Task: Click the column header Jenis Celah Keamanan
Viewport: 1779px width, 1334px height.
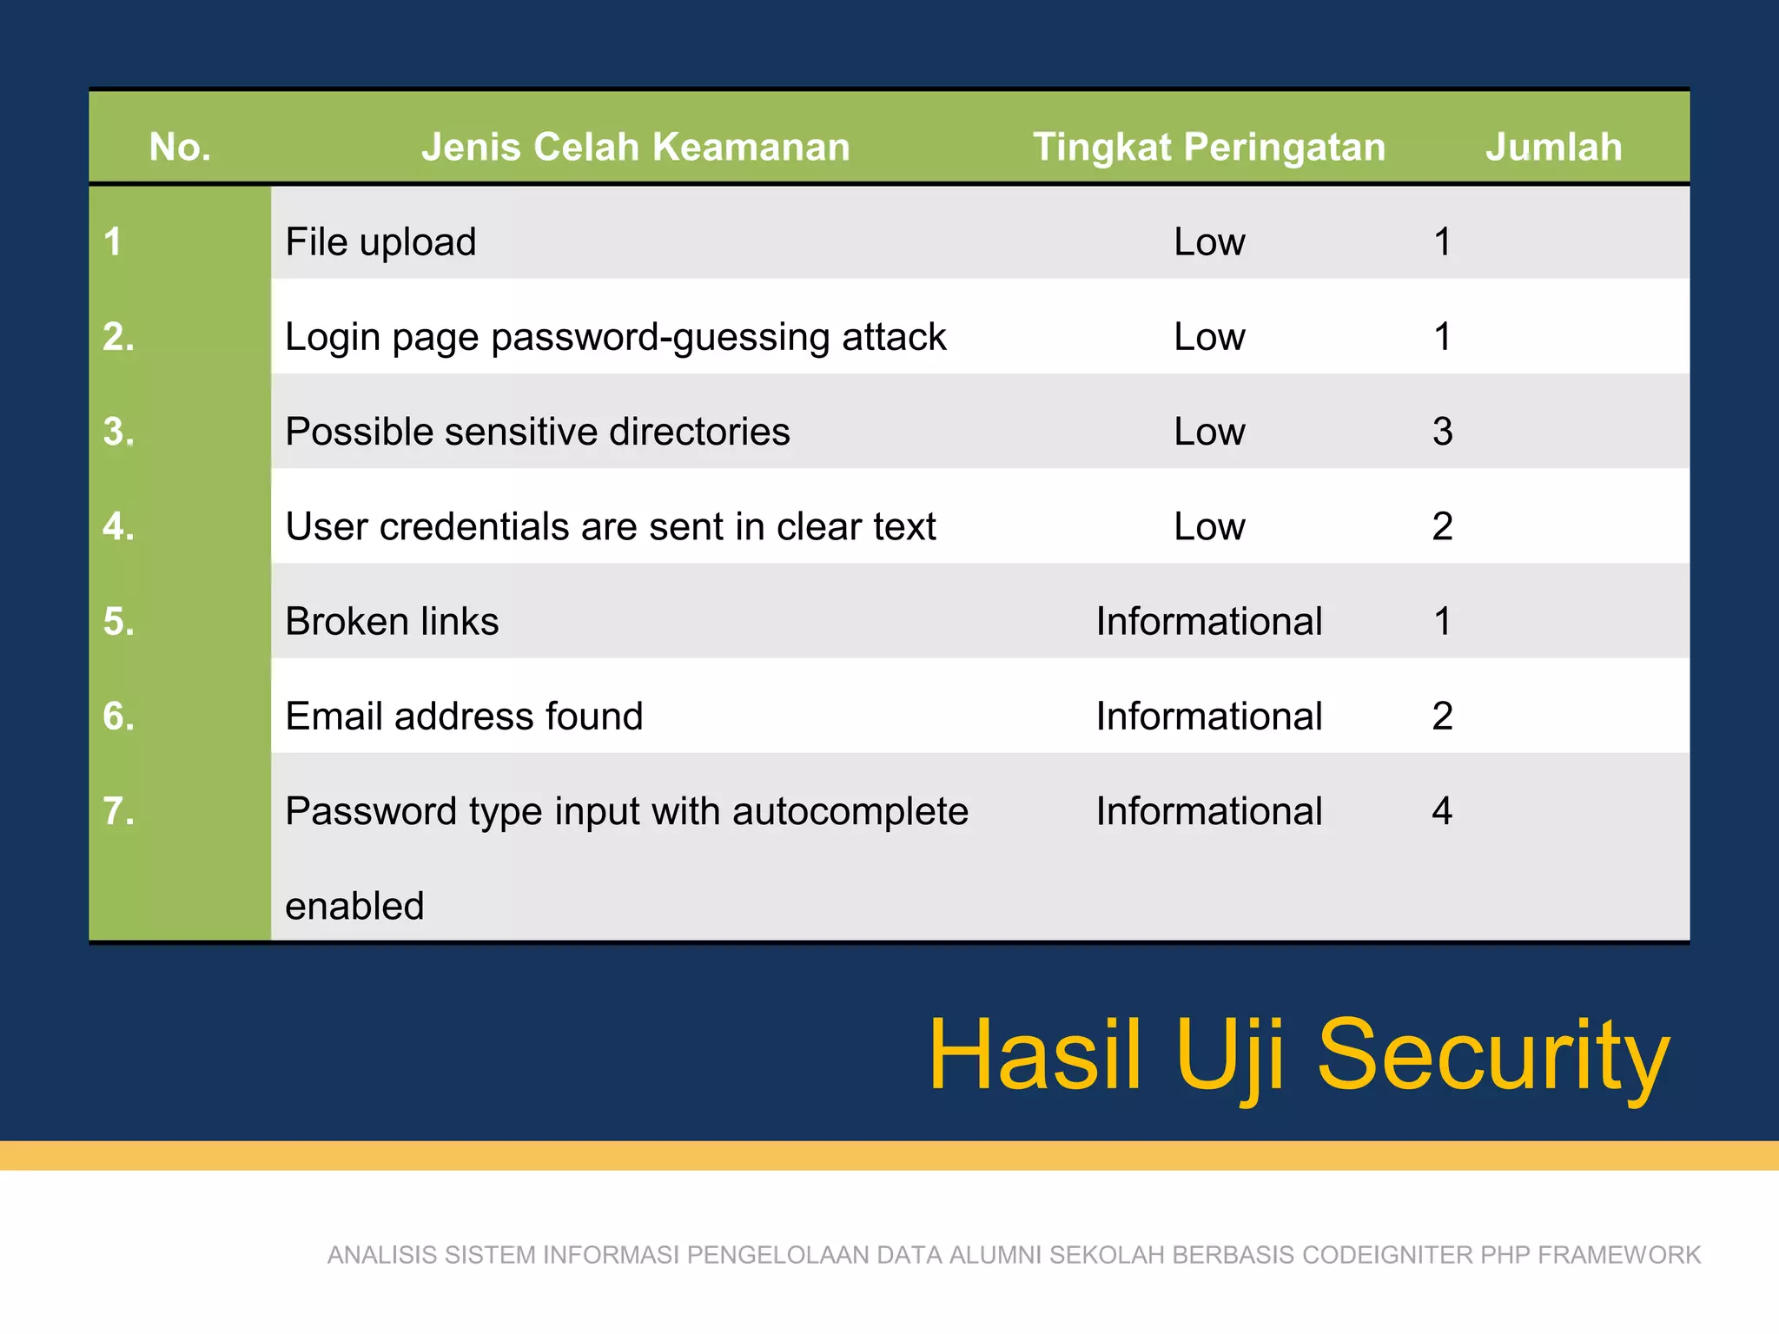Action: coord(635,147)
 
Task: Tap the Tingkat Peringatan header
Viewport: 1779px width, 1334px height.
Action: coord(1208,147)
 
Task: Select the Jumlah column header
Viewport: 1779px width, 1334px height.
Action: coord(1553,147)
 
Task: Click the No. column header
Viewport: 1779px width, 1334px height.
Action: coord(180,147)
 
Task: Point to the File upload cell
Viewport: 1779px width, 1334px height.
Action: coord(380,241)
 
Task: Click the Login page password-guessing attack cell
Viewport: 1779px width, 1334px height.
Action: coord(615,337)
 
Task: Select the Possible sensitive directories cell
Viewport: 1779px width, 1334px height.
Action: coord(538,432)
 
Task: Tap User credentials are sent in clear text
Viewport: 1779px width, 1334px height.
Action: coord(611,526)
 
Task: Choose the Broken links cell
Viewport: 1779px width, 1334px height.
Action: coord(392,621)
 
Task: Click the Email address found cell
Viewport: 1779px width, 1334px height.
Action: coord(464,717)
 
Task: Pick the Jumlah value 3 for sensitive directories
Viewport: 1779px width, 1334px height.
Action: coord(1442,432)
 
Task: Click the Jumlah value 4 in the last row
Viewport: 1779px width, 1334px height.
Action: coord(1442,811)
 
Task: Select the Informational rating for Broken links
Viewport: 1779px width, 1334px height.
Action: coord(1208,621)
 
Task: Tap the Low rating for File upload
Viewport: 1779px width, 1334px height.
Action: coord(1208,241)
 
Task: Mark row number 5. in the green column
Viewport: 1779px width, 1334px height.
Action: coord(119,621)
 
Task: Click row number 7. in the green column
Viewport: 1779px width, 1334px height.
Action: coord(119,811)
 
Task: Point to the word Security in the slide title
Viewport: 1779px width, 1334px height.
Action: coord(1493,1056)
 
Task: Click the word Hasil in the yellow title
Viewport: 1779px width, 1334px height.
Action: coord(1035,1054)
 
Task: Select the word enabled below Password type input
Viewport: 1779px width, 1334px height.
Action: coord(354,906)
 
